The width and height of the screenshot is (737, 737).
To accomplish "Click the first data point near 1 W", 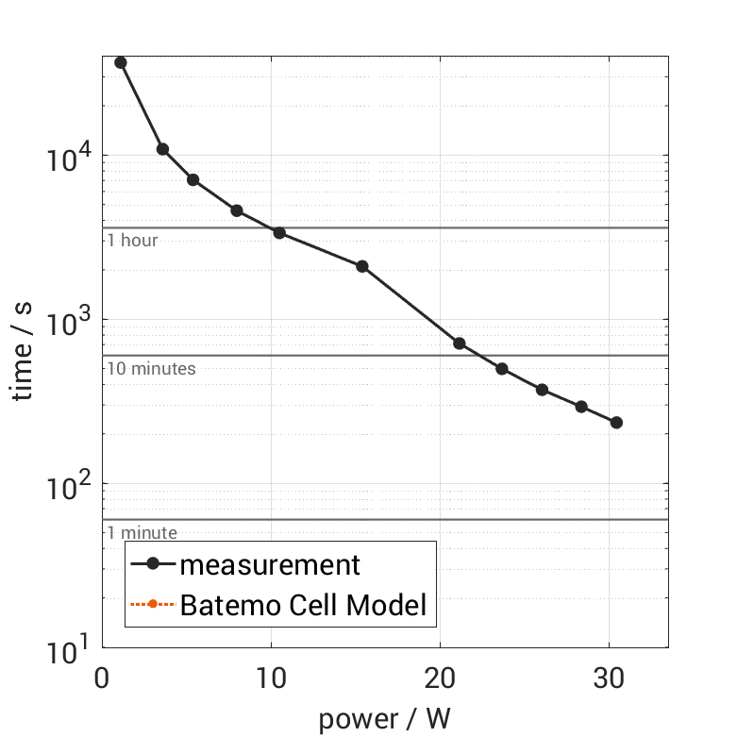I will pyautogui.click(x=120, y=62).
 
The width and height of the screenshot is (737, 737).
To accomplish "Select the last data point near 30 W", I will pyautogui.click(x=616, y=422).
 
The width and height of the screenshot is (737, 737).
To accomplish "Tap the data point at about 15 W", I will pyautogui.click(x=361, y=266).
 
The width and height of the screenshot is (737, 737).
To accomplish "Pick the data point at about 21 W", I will pyautogui.click(x=460, y=343).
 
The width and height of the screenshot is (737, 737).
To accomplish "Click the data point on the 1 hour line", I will pyautogui.click(x=279, y=232).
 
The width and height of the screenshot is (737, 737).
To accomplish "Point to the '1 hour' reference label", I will pyautogui.click(x=132, y=241).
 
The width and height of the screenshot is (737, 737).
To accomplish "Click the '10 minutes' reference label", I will pyautogui.click(x=151, y=369).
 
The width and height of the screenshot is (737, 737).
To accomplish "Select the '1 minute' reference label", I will pyautogui.click(x=142, y=533).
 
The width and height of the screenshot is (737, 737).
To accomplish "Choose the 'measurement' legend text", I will pyautogui.click(x=270, y=565).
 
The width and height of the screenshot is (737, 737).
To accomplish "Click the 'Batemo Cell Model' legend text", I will pyautogui.click(x=303, y=604).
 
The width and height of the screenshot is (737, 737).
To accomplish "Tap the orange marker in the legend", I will pyautogui.click(x=152, y=604).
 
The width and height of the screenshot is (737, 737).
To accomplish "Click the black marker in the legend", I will pyautogui.click(x=152, y=565).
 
